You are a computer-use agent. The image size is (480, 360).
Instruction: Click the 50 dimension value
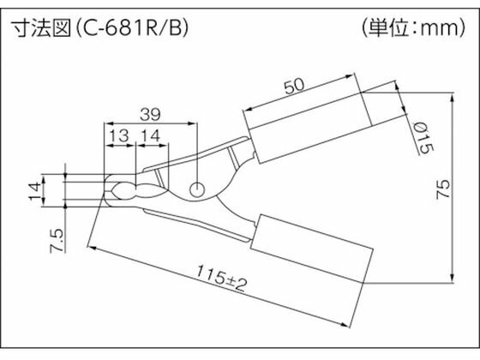(x=294, y=86)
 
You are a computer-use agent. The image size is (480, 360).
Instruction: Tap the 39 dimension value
(x=150, y=115)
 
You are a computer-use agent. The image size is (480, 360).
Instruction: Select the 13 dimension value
(x=119, y=135)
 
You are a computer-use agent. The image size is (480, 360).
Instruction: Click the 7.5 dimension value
(x=57, y=241)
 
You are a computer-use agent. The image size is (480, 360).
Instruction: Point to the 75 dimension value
(x=443, y=189)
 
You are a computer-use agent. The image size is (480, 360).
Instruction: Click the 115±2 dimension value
(x=221, y=279)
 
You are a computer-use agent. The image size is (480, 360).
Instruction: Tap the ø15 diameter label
(x=423, y=138)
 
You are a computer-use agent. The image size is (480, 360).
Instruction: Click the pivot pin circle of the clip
(x=197, y=189)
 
